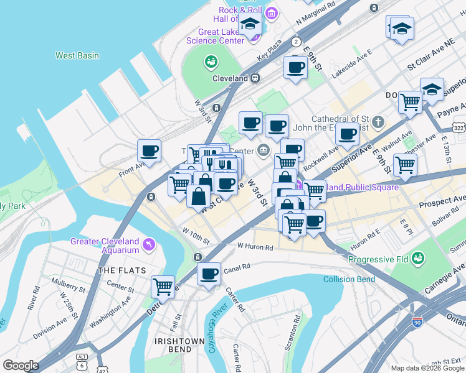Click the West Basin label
coord(77,55)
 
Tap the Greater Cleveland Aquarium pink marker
coord(148,244)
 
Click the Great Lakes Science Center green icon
coord(211,62)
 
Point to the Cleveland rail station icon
coord(255,78)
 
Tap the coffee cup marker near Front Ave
coord(150,150)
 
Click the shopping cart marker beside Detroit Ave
coord(163,287)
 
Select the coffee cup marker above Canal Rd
coord(209,274)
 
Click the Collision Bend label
coord(349,279)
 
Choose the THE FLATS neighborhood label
coord(122,270)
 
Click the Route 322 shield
coord(459,127)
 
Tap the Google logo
coord(21,366)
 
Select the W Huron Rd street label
coord(255,247)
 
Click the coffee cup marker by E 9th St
coord(295,67)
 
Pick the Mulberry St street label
coord(68,288)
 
